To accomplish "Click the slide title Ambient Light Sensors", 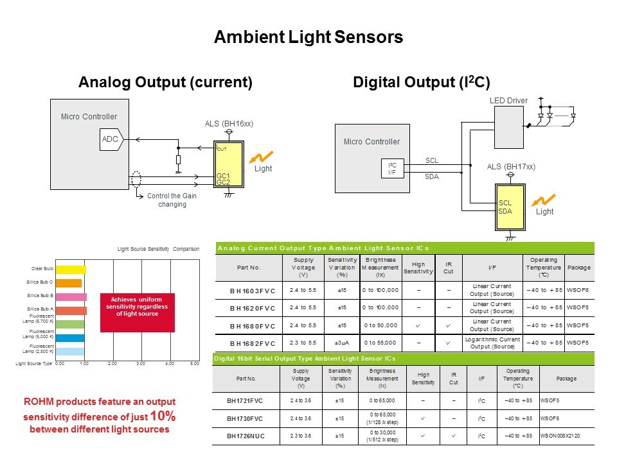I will pyautogui.click(x=308, y=37).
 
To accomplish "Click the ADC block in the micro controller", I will pyautogui.click(x=110, y=139).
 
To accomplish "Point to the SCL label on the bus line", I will pyautogui.click(x=432, y=160).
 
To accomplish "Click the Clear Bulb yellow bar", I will pyautogui.click(x=73, y=269).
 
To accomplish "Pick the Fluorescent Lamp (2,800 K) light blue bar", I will pyautogui.click(x=72, y=352).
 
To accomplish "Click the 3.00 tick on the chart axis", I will pyautogui.click(x=140, y=364).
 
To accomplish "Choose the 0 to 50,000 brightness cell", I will pyautogui.click(x=380, y=326).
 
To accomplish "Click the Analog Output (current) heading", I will pyautogui.click(x=165, y=82).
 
